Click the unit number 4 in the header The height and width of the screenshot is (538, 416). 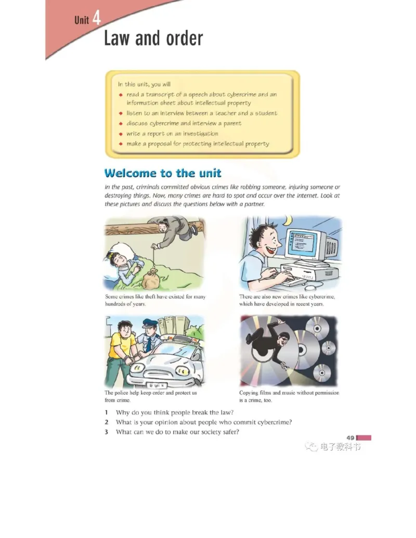coord(96,19)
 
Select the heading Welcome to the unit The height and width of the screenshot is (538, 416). coord(163,173)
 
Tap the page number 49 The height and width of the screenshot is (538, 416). coord(350,438)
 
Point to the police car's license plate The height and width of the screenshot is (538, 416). coord(155,385)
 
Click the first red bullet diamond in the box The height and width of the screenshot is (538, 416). coord(120,95)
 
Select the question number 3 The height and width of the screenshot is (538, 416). coord(106,432)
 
